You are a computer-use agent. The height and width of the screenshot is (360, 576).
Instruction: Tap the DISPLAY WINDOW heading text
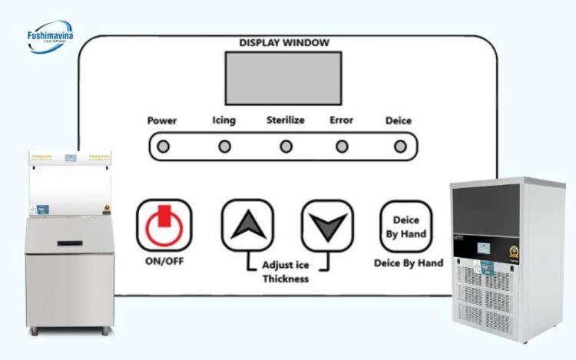tap(284, 42)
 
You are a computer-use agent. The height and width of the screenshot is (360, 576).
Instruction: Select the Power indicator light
tap(163, 147)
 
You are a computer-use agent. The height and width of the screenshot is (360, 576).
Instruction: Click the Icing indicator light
tap(224, 146)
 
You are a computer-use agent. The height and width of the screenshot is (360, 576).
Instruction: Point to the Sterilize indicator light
tap(286, 146)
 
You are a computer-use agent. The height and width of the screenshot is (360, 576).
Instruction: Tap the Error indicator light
tap(342, 146)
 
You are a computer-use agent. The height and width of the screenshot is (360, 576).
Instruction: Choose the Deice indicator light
tap(399, 146)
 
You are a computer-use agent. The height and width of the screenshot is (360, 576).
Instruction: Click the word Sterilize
tap(286, 121)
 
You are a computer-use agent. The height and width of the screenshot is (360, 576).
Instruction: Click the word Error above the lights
tap(341, 121)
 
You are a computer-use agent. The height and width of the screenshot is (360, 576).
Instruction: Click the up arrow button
tap(247, 226)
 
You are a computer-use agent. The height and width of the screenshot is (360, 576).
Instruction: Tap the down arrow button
tap(327, 226)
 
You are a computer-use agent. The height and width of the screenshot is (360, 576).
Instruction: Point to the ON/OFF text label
tap(164, 261)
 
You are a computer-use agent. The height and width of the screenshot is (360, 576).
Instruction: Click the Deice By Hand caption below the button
tap(409, 263)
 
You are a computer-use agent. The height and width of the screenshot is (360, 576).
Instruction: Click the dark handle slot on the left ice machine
tap(70, 243)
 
